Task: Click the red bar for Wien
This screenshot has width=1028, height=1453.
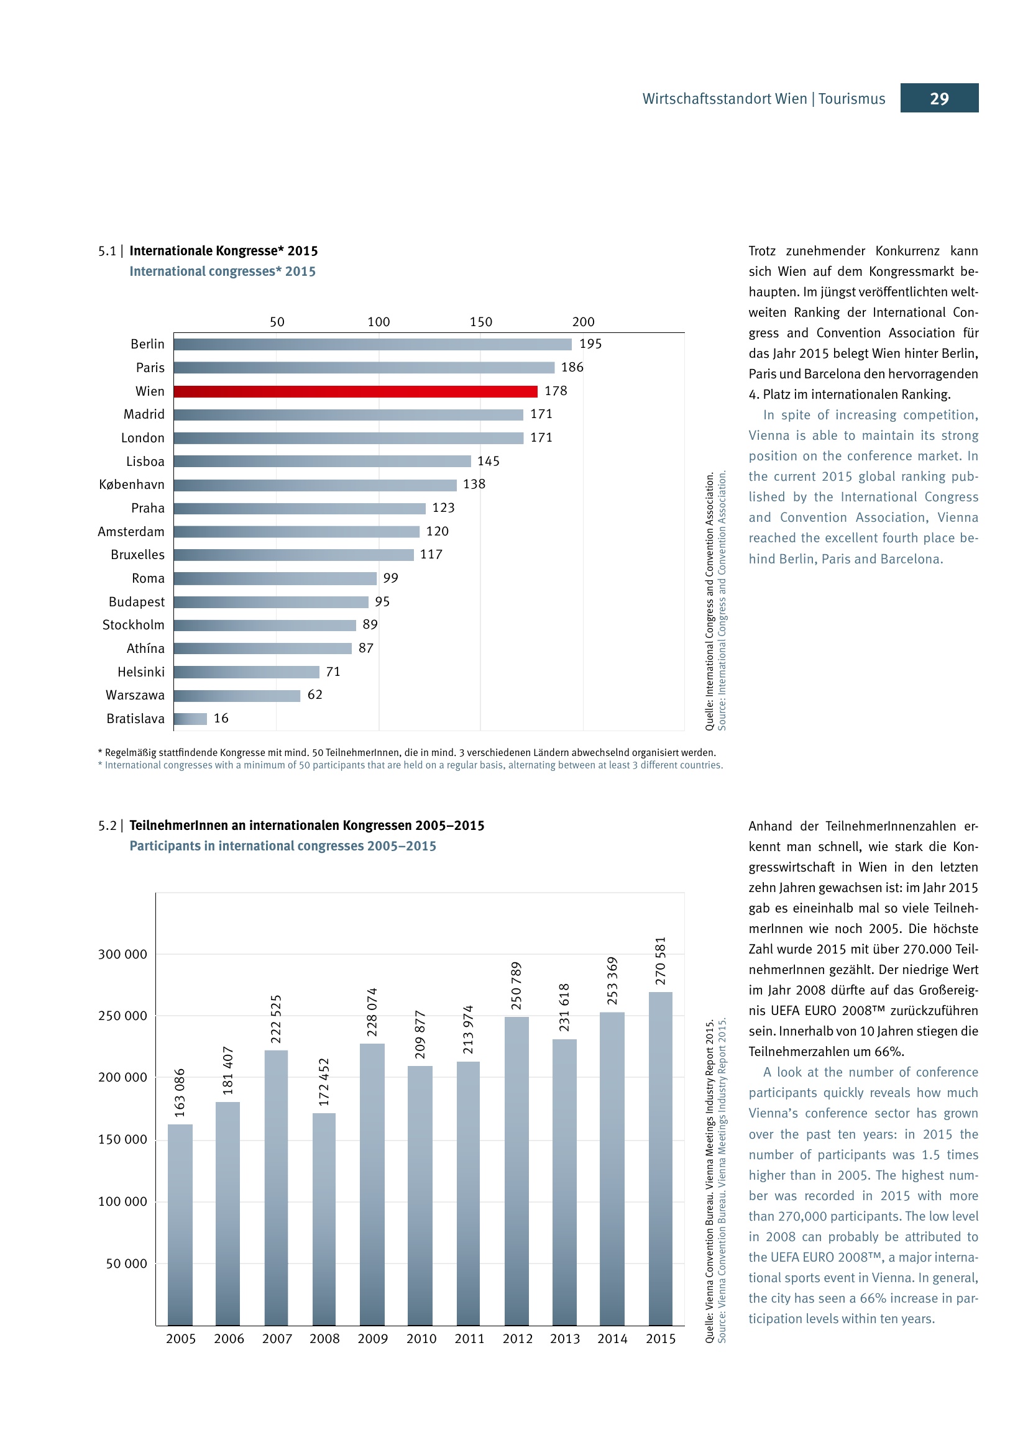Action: (355, 391)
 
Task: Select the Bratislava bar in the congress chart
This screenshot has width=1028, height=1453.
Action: (190, 718)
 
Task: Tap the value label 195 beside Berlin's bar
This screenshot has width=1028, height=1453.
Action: (590, 344)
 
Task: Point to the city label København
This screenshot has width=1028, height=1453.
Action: (132, 484)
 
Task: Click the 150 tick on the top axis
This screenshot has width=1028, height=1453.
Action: (480, 322)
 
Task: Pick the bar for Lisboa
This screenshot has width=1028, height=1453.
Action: (322, 461)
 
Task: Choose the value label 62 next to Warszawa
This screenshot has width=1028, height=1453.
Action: (314, 695)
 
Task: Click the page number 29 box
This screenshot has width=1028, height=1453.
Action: (939, 98)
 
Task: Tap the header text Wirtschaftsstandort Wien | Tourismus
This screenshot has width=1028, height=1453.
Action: (763, 99)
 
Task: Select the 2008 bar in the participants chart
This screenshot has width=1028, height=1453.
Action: (324, 1218)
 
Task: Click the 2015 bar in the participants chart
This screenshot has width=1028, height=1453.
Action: (660, 1158)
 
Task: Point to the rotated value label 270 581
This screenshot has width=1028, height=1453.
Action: (660, 960)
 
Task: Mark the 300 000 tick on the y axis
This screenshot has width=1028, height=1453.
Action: (122, 954)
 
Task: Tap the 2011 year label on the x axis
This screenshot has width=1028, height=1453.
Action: (469, 1339)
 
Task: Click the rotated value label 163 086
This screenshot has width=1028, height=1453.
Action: (180, 1093)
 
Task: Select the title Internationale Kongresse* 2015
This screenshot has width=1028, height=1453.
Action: (224, 250)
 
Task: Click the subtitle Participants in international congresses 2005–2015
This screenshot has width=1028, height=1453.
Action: (282, 845)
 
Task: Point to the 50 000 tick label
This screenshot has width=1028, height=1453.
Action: (126, 1263)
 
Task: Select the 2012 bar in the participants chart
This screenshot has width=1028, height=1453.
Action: (516, 1171)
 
